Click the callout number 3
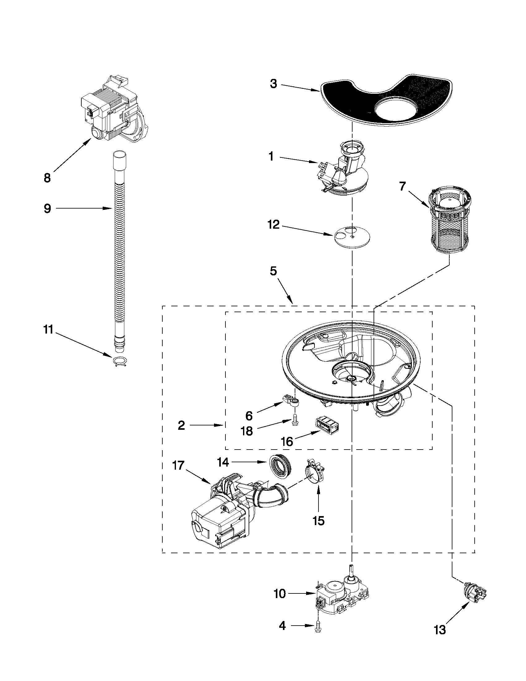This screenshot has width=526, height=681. coord(273,84)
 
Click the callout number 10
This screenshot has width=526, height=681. coord(280,594)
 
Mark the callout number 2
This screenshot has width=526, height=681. coord(181,425)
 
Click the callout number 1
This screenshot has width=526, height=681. coord(272,157)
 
